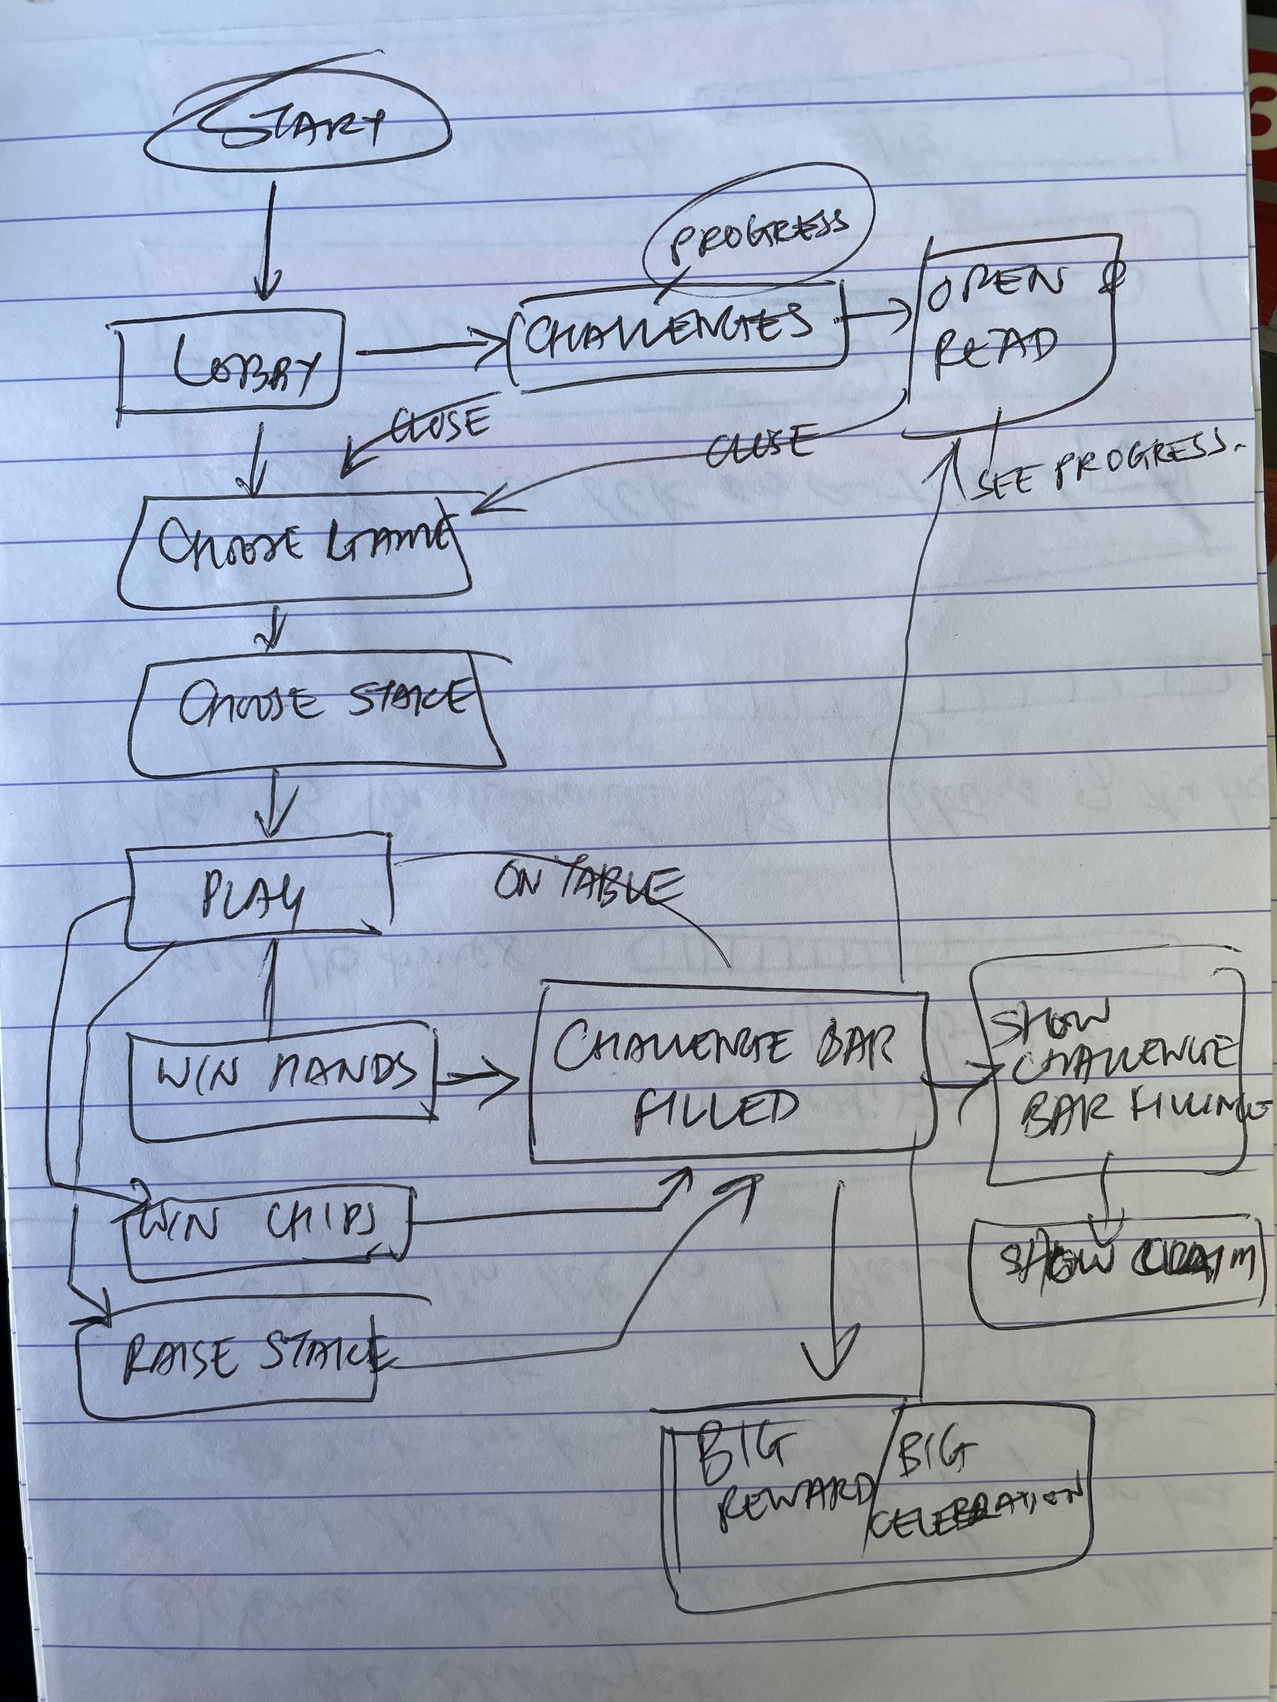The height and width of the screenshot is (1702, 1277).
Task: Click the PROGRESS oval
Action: coord(758,231)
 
